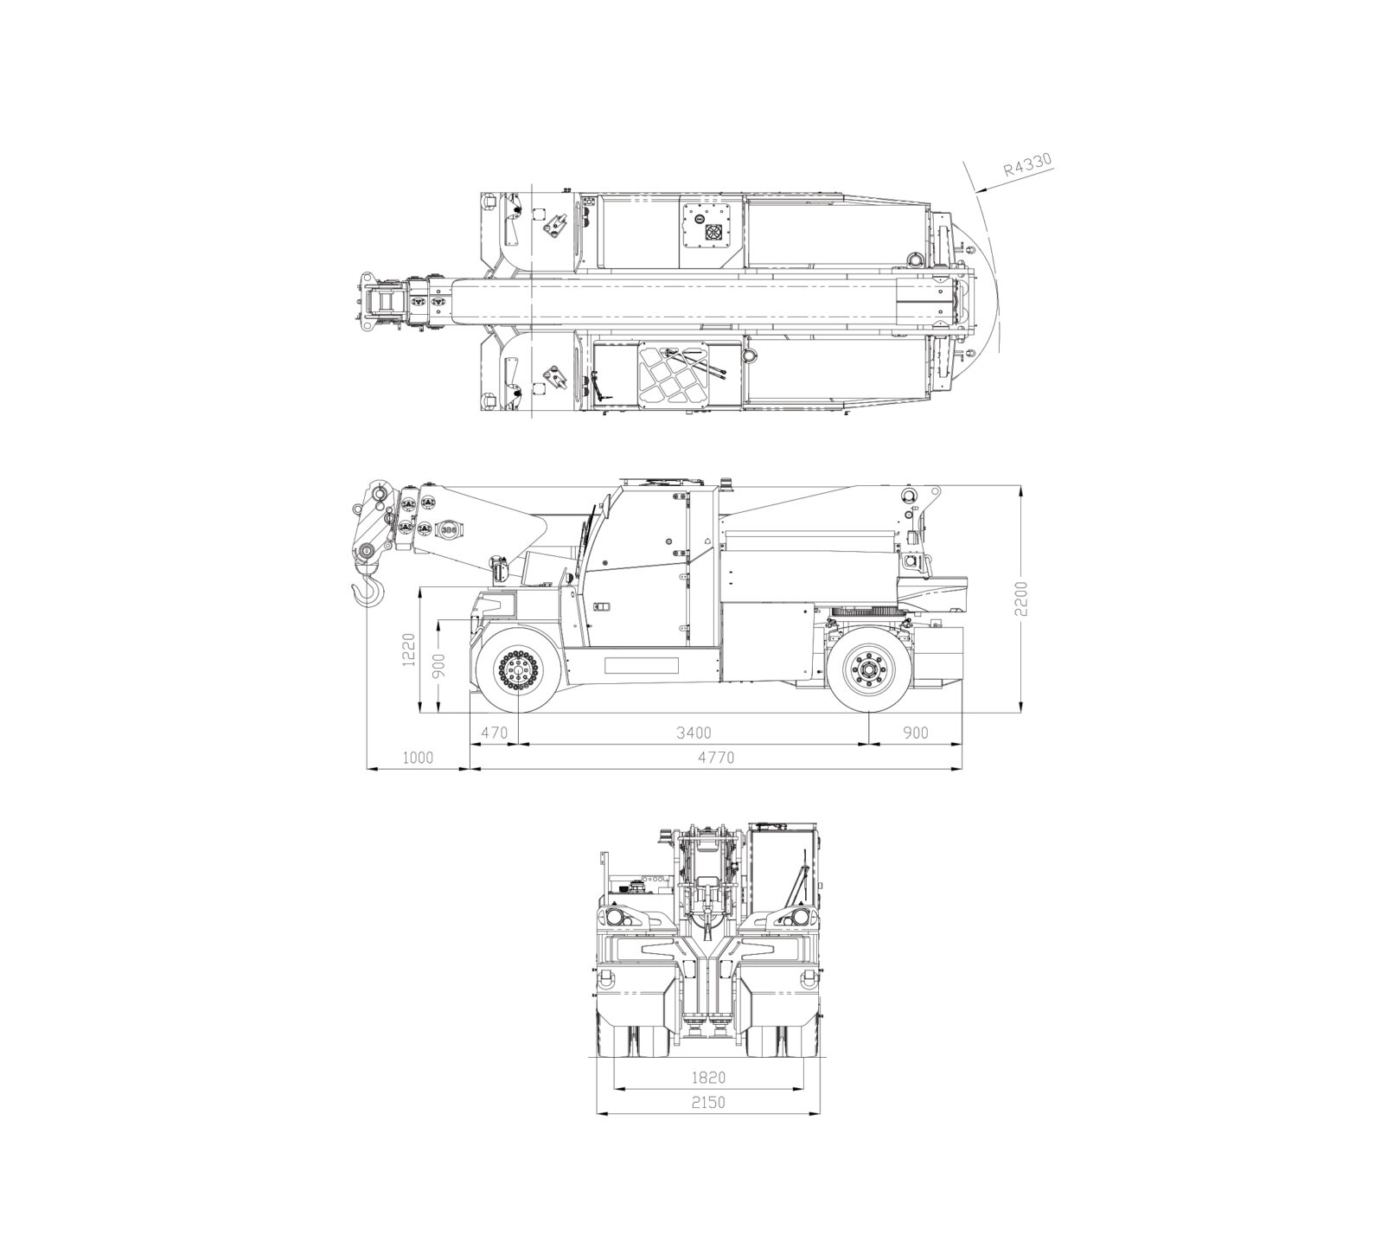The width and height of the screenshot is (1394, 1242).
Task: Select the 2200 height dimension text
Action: pyautogui.click(x=1022, y=598)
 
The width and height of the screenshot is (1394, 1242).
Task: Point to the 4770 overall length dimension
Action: pyautogui.click(x=716, y=758)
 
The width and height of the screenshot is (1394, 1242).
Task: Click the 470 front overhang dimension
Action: pyautogui.click(x=494, y=733)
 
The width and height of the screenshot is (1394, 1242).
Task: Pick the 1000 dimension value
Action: pyautogui.click(x=418, y=758)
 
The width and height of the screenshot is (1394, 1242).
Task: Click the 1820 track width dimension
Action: pyautogui.click(x=708, y=1078)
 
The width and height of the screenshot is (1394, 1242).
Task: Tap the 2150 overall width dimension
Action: pyautogui.click(x=708, y=1103)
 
